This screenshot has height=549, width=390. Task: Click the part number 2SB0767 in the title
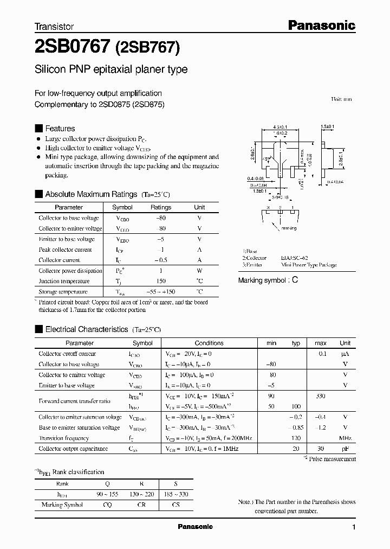pyautogui.click(x=73, y=47)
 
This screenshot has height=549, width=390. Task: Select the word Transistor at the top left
pyautogui.click(x=54, y=26)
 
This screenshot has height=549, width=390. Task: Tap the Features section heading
pyautogui.click(x=60, y=129)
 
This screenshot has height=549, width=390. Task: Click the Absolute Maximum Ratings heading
pyautogui.click(x=90, y=194)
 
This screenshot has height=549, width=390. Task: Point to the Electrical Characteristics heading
pyautogui.click(x=86, y=329)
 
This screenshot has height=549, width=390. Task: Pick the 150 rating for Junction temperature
pyautogui.click(x=160, y=282)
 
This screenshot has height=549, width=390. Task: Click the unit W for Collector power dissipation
pyautogui.click(x=199, y=271)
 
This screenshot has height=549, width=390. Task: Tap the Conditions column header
pyautogui.click(x=209, y=343)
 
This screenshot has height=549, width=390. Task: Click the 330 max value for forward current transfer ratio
pyautogui.click(x=321, y=396)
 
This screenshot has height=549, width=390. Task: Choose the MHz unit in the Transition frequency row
pyautogui.click(x=344, y=438)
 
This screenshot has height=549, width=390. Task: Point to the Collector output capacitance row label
pyautogui.click(x=73, y=449)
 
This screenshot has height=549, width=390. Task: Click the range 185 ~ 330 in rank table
pyautogui.click(x=176, y=494)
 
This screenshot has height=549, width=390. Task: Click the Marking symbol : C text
pyautogui.click(x=268, y=280)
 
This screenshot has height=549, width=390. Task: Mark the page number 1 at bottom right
pyautogui.click(x=354, y=527)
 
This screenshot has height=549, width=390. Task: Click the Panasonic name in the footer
pyautogui.click(x=196, y=527)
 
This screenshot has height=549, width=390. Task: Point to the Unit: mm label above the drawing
pyautogui.click(x=341, y=99)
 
